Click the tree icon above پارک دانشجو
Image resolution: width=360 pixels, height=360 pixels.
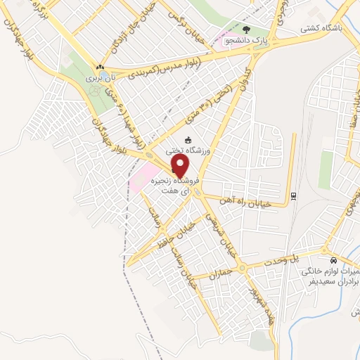246,30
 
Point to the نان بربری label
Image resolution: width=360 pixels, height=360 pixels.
100,79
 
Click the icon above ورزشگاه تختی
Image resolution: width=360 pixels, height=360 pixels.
187,139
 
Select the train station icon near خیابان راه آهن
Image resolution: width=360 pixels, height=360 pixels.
293,196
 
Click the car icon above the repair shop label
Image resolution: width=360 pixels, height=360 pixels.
323,250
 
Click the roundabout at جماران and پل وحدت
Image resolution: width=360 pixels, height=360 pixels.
241,268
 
